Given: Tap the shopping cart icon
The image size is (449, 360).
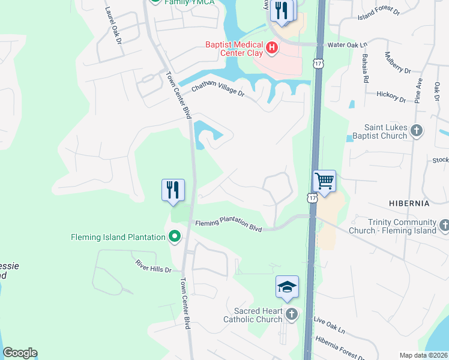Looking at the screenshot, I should click(324, 181).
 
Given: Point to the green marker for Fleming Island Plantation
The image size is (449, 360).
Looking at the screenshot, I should click(175, 237).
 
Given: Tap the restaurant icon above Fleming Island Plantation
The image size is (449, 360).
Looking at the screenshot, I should click(172, 190).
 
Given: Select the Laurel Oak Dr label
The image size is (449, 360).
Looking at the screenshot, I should click(113, 26).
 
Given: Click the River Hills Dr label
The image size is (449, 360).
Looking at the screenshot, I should click(154, 266).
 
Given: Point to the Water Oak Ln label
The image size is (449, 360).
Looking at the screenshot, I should click(346, 45).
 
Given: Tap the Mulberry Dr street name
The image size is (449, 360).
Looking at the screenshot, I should click(397, 62).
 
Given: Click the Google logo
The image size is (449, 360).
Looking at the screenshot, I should click(20, 353).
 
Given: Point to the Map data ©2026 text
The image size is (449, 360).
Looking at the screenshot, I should click(423, 355).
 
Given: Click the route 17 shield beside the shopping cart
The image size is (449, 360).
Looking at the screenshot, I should click(311, 197).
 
